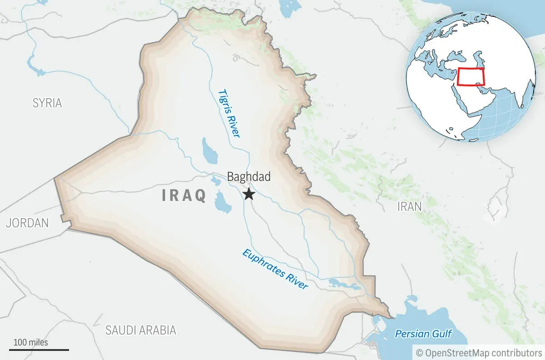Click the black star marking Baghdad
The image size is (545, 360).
tap(248, 194)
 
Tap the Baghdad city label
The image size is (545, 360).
tap(248, 176)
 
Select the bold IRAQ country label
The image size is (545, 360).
tap(184, 195)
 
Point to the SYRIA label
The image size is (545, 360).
tap(47, 103)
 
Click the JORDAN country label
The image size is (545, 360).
tap(27, 223)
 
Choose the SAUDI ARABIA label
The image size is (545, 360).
tap(140, 330)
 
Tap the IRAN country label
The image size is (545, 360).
tap(409, 206)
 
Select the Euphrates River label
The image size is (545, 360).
tap(275, 270)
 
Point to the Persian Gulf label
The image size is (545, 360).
tap(423, 334)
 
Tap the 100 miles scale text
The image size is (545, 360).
tap(30, 342)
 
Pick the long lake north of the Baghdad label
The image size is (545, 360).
tap(209, 152)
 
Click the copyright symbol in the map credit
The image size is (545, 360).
tap(420, 352)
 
